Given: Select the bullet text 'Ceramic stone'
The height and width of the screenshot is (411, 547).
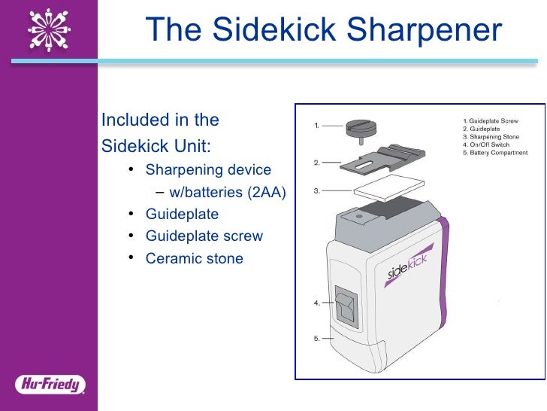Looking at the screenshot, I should (195, 258).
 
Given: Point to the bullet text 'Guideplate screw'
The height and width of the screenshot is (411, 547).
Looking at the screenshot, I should (204, 236).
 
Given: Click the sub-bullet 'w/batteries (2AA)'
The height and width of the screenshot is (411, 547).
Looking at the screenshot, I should (229, 192).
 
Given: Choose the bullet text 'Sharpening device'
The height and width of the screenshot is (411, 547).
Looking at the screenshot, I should (208, 169).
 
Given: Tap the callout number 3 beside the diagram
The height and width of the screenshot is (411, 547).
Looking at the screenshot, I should (316, 191).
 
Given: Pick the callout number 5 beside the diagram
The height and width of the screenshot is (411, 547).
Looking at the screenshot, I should (316, 339).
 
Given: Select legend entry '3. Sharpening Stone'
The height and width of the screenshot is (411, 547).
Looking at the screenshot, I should (491, 137).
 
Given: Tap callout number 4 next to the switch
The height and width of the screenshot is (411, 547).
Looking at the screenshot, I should (316, 303).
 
